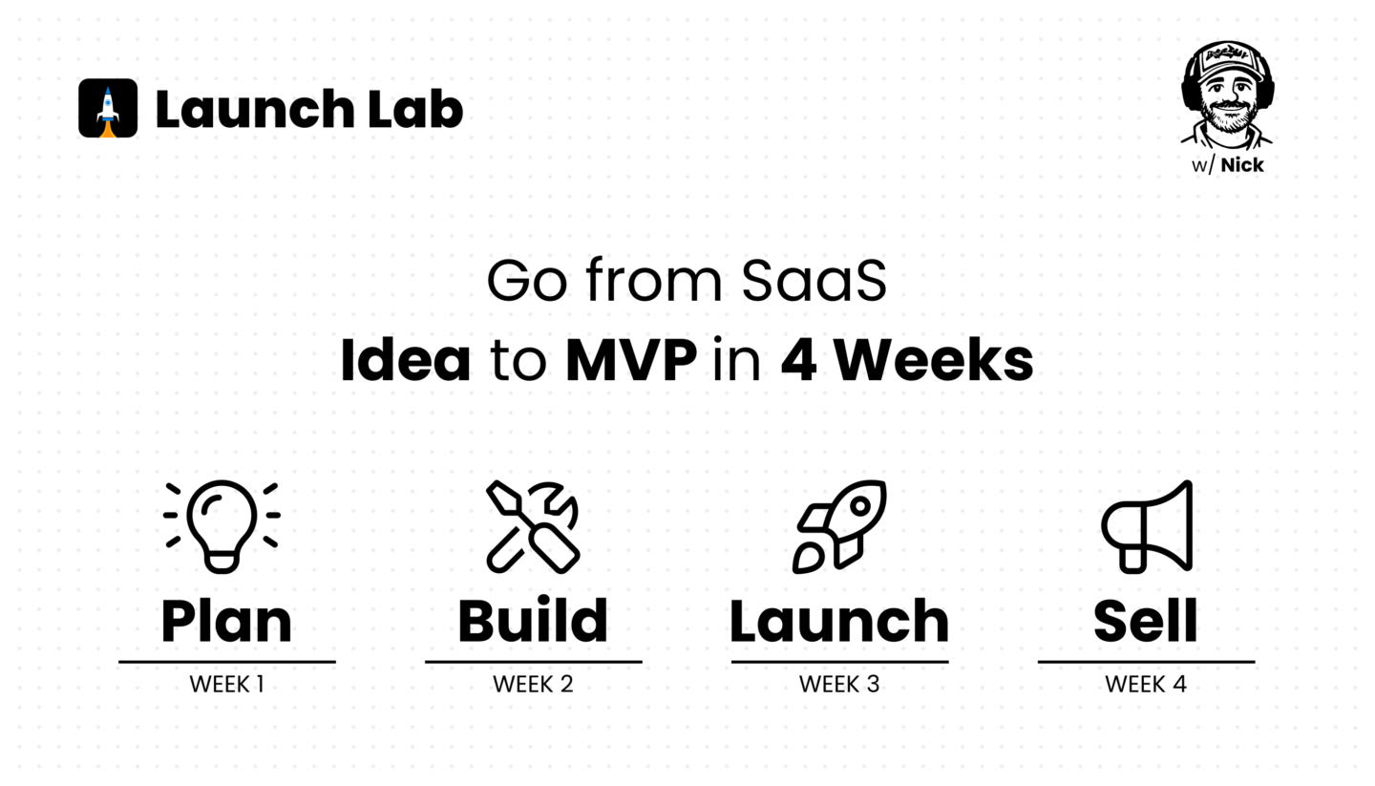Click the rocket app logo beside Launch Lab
108,108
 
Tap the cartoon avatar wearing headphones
1227,96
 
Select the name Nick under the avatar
1241,165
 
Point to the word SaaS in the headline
814,281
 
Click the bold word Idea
406,360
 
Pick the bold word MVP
631,360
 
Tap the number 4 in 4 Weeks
798,360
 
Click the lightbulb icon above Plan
222,526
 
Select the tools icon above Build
533,527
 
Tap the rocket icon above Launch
839,527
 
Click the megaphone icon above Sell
1147,527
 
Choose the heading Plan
226,622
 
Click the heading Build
533,620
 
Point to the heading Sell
1146,620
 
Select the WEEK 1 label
227,684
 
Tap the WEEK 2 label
533,684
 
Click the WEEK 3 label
839,684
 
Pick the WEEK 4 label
1146,684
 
